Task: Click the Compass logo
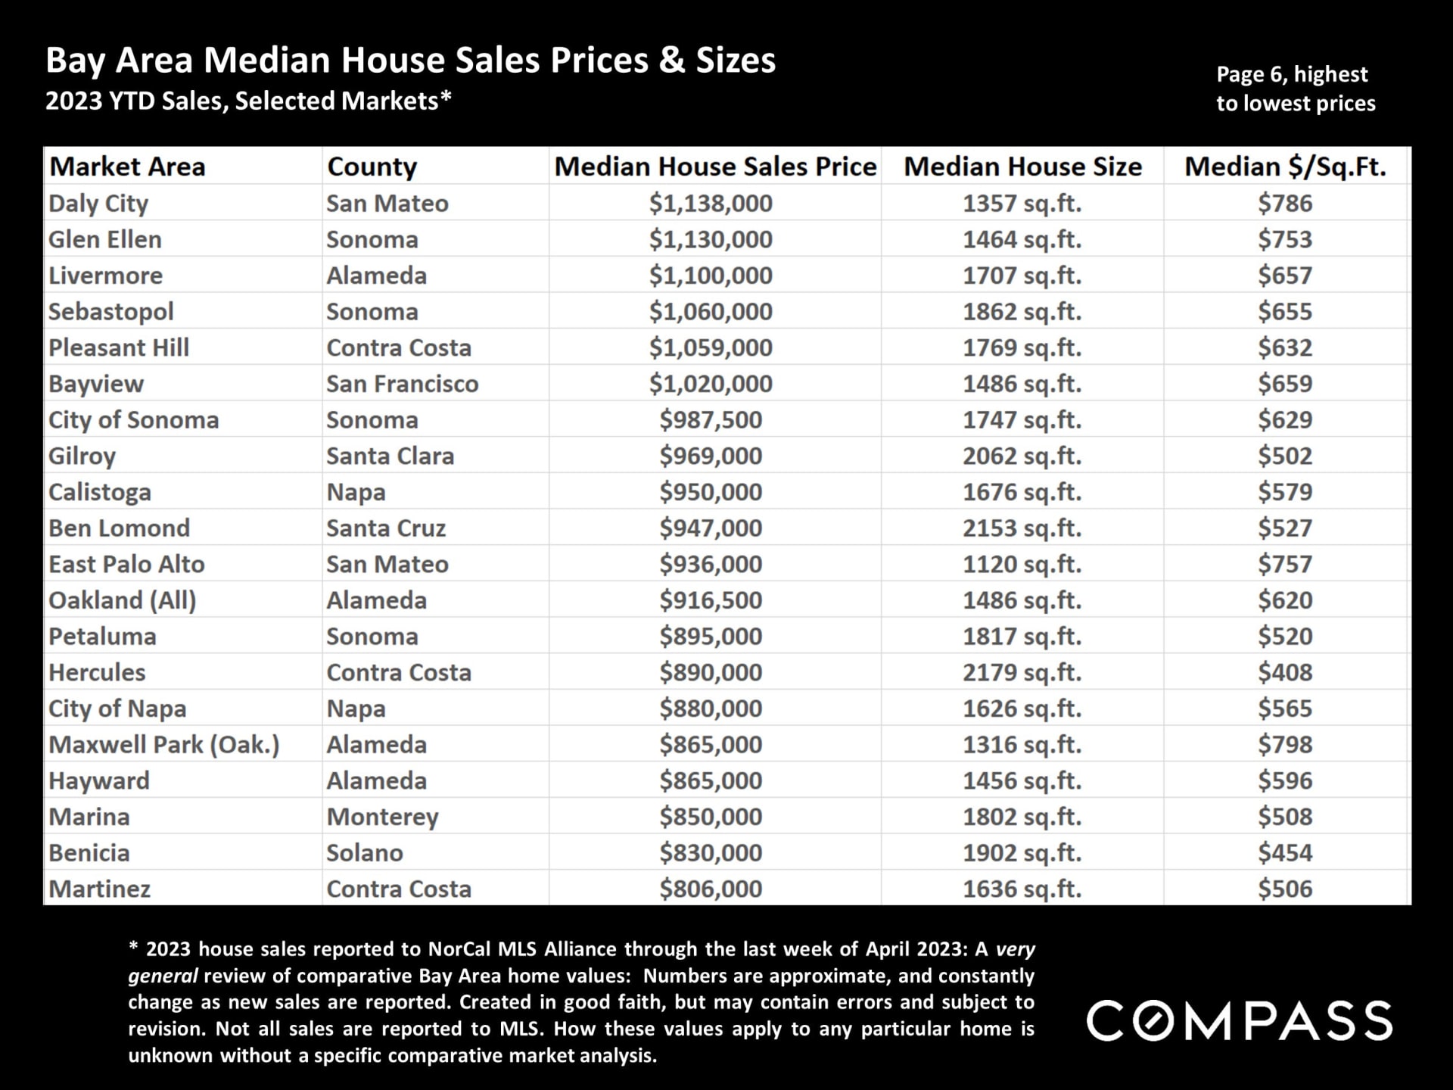pyautogui.click(x=1239, y=1021)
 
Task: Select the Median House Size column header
pyautogui.click(x=1022, y=167)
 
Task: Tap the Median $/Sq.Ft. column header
pyautogui.click(x=1285, y=167)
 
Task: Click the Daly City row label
pyautogui.click(x=98, y=204)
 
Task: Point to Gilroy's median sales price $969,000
pyautogui.click(x=711, y=456)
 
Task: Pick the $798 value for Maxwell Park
pyautogui.click(x=1285, y=745)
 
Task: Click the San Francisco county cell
pyautogui.click(x=402, y=384)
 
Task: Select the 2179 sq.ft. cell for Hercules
pyautogui.click(x=1022, y=672)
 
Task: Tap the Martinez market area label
pyautogui.click(x=100, y=889)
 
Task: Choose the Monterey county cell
pyautogui.click(x=382, y=817)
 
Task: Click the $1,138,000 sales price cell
pyautogui.click(x=711, y=204)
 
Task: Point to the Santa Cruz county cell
pyautogui.click(x=386, y=528)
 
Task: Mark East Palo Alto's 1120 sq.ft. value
pyautogui.click(x=1022, y=564)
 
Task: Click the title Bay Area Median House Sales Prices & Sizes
pyautogui.click(x=411, y=61)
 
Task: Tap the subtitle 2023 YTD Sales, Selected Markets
pyautogui.click(x=248, y=101)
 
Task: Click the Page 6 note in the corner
pyautogui.click(x=1295, y=89)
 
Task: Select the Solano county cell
pyautogui.click(x=365, y=853)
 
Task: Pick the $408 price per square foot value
pyautogui.click(x=1285, y=672)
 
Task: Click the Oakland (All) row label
pyautogui.click(x=123, y=600)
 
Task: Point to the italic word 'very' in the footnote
pyautogui.click(x=1016, y=949)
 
